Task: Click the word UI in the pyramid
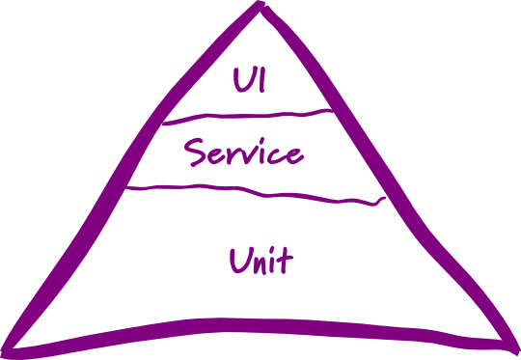pos(249,80)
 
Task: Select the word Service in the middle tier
pos(244,152)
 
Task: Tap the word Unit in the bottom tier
pos(261,261)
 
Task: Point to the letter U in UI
pos(242,80)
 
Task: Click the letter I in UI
pos(262,80)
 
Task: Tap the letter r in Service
pos(230,155)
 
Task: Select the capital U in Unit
pos(239,261)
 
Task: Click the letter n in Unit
pos(260,264)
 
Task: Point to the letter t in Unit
pos(285,262)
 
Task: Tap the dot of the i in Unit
pos(272,251)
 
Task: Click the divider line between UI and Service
pos(247,116)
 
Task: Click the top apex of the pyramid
pos(260,3)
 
